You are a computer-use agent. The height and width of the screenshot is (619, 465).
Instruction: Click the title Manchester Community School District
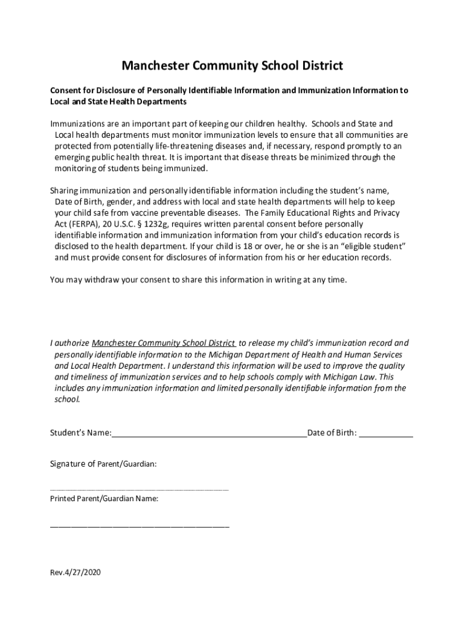[232, 65]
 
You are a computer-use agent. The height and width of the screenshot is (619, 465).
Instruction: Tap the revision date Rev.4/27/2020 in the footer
[75, 572]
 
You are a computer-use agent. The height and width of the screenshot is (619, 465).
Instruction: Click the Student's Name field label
[80, 433]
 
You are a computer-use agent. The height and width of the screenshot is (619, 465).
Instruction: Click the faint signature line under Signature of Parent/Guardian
[139, 489]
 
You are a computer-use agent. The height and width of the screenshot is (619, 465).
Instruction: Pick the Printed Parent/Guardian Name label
[104, 499]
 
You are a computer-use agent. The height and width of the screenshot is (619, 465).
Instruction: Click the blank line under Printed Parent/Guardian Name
[139, 527]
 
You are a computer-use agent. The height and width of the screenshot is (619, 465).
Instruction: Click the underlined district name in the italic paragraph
[164, 343]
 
